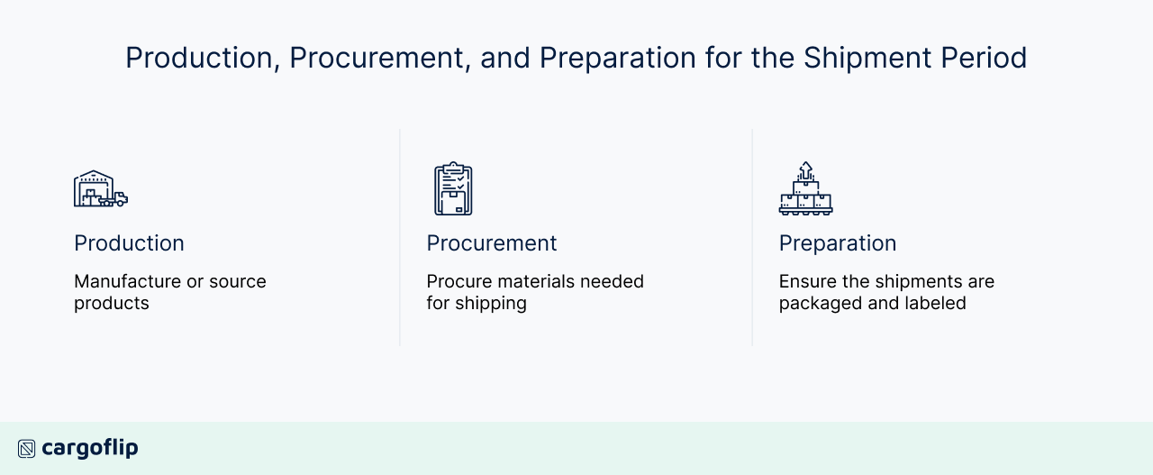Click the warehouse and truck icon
click(x=100, y=189)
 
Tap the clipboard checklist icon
click(x=453, y=189)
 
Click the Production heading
click(x=129, y=243)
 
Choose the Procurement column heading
click(x=492, y=243)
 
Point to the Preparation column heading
click(x=838, y=243)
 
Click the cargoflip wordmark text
click(x=90, y=448)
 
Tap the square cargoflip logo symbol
click(x=27, y=449)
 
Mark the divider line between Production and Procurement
click(x=400, y=237)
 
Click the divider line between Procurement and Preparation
click(x=752, y=237)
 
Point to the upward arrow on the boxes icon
click(x=805, y=169)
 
